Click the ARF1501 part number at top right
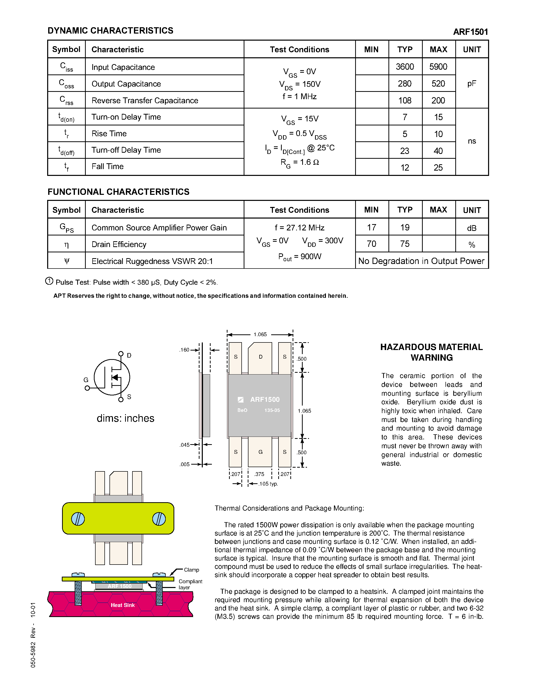click(x=470, y=32)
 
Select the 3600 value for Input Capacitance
click(x=405, y=67)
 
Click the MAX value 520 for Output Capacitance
click(x=438, y=84)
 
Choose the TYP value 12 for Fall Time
click(x=405, y=168)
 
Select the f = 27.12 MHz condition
click(x=299, y=228)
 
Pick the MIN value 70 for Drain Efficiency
click(x=372, y=244)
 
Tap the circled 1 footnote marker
click(x=49, y=281)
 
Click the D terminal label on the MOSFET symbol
click(x=129, y=356)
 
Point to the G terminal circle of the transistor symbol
click(x=87, y=388)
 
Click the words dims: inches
click(x=125, y=418)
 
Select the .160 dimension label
click(x=184, y=350)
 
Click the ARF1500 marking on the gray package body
click(x=265, y=399)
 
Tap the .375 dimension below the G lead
click(x=260, y=474)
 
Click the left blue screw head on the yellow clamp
click(x=78, y=519)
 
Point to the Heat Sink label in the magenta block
click(x=123, y=605)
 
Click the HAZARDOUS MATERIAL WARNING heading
click(x=431, y=352)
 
